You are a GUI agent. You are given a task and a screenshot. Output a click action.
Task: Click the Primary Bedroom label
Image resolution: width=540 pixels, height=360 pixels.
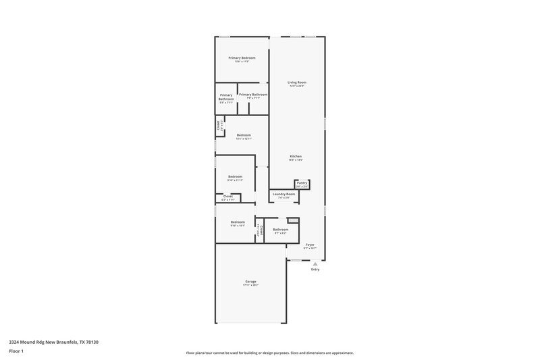pyautogui.click(x=242, y=58)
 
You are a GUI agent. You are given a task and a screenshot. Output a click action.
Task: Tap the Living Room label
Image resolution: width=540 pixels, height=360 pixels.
pyautogui.click(x=297, y=82)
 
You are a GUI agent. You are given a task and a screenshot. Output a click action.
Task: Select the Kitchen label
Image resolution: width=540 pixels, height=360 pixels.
pyautogui.click(x=296, y=156)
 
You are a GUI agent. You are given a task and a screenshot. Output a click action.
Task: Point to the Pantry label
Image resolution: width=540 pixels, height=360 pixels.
pyautogui.click(x=302, y=182)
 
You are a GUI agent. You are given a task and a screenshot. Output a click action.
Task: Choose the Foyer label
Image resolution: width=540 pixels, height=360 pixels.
pyautogui.click(x=310, y=245)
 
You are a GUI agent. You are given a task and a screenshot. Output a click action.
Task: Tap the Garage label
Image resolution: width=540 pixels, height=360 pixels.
pyautogui.click(x=250, y=282)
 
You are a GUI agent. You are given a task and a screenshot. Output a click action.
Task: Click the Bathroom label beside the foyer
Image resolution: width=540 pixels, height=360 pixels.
pyautogui.click(x=281, y=230)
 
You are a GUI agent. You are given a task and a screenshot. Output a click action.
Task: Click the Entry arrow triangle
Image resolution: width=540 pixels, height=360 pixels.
pyautogui.click(x=315, y=264)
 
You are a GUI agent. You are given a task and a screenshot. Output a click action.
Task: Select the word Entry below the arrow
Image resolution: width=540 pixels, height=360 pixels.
pyautogui.click(x=315, y=269)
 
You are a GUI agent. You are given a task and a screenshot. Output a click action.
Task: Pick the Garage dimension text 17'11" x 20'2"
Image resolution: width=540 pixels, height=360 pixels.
pyautogui.click(x=250, y=286)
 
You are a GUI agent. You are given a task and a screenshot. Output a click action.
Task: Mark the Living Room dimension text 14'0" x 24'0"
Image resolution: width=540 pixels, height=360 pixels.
pyautogui.click(x=297, y=86)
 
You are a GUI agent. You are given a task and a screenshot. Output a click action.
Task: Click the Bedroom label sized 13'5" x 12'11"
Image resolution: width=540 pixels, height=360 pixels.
pyautogui.click(x=244, y=135)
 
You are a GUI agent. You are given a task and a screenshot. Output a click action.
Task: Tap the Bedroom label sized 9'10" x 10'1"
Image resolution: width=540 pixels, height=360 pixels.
pyautogui.click(x=237, y=222)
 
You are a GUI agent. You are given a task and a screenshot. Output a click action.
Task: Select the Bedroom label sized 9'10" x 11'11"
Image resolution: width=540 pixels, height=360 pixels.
pyautogui.click(x=235, y=176)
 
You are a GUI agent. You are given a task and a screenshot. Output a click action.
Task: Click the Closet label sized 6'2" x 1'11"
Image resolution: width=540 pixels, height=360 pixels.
pyautogui.click(x=228, y=197)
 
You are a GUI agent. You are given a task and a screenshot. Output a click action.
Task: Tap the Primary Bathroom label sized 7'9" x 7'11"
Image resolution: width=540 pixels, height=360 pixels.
pyautogui.click(x=253, y=95)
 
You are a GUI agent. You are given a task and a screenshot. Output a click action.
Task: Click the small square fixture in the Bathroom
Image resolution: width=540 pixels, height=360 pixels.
pyautogui.click(x=293, y=220)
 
